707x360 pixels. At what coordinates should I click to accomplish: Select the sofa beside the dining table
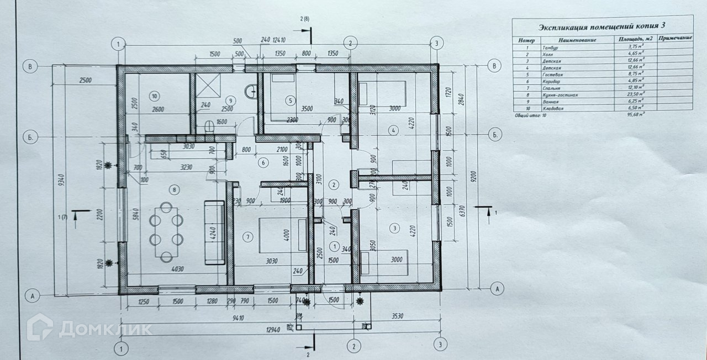tap(214, 231)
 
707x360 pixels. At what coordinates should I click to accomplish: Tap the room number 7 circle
tap(248, 237)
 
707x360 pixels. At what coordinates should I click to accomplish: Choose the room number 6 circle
tap(263, 162)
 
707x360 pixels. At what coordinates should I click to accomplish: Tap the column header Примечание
tap(675, 39)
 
